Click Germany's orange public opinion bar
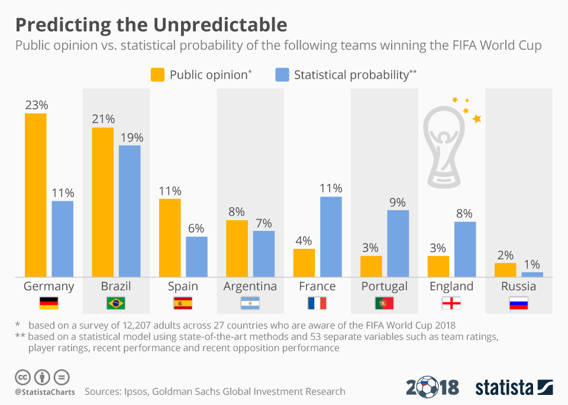pyautogui.click(x=35, y=195)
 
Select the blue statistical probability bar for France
pyautogui.click(x=331, y=236)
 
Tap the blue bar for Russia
pyautogui.click(x=532, y=274)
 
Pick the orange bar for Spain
pyautogui.click(x=170, y=237)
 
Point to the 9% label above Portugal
pyautogui.click(x=398, y=202)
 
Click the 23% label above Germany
pyautogui.click(x=35, y=105)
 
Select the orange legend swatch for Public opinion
pyautogui.click(x=157, y=75)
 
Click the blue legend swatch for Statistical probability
pyautogui.click(x=282, y=75)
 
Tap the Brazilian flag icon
pyautogui.click(x=115, y=304)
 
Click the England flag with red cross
pyautogui.click(x=451, y=304)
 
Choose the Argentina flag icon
pyautogui.click(x=250, y=304)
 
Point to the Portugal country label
pyautogui.click(x=384, y=287)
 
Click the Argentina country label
pyautogui.click(x=250, y=287)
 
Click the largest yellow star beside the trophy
pyautogui.click(x=477, y=119)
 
